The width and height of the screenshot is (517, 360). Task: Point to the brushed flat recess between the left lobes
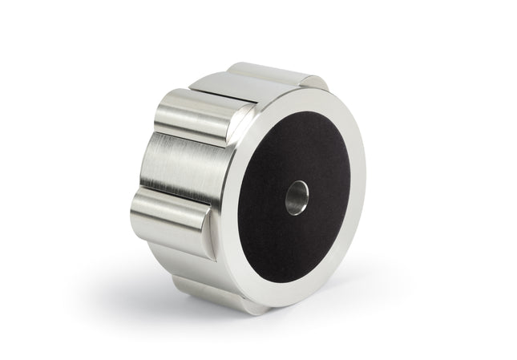[172, 164]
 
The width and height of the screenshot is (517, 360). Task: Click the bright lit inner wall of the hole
[301, 196]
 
